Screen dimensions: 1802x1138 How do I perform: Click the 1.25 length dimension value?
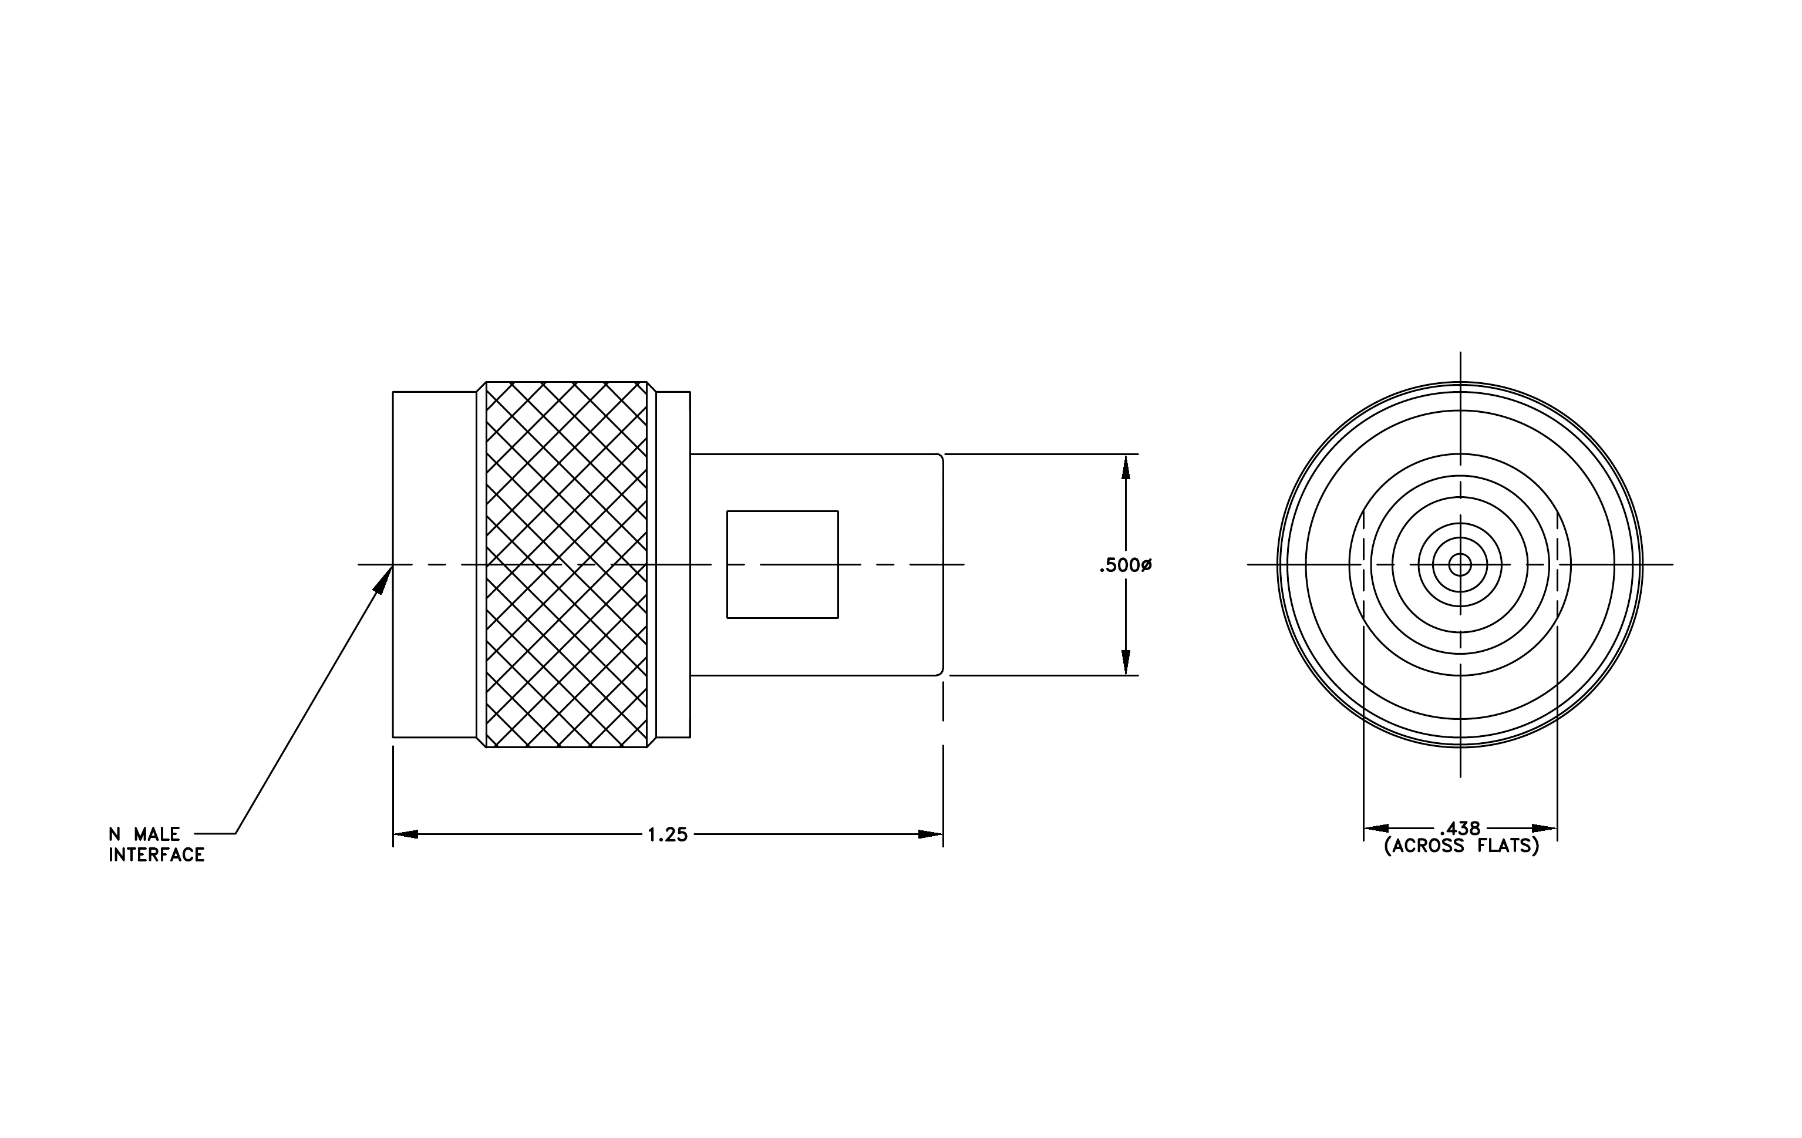667,834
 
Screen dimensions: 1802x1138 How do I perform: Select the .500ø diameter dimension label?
1125,565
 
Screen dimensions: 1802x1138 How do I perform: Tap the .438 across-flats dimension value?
1460,828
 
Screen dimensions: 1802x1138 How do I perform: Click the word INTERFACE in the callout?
156,854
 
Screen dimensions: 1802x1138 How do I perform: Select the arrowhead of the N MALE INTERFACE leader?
384,579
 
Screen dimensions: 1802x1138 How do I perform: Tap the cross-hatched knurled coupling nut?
567,564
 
